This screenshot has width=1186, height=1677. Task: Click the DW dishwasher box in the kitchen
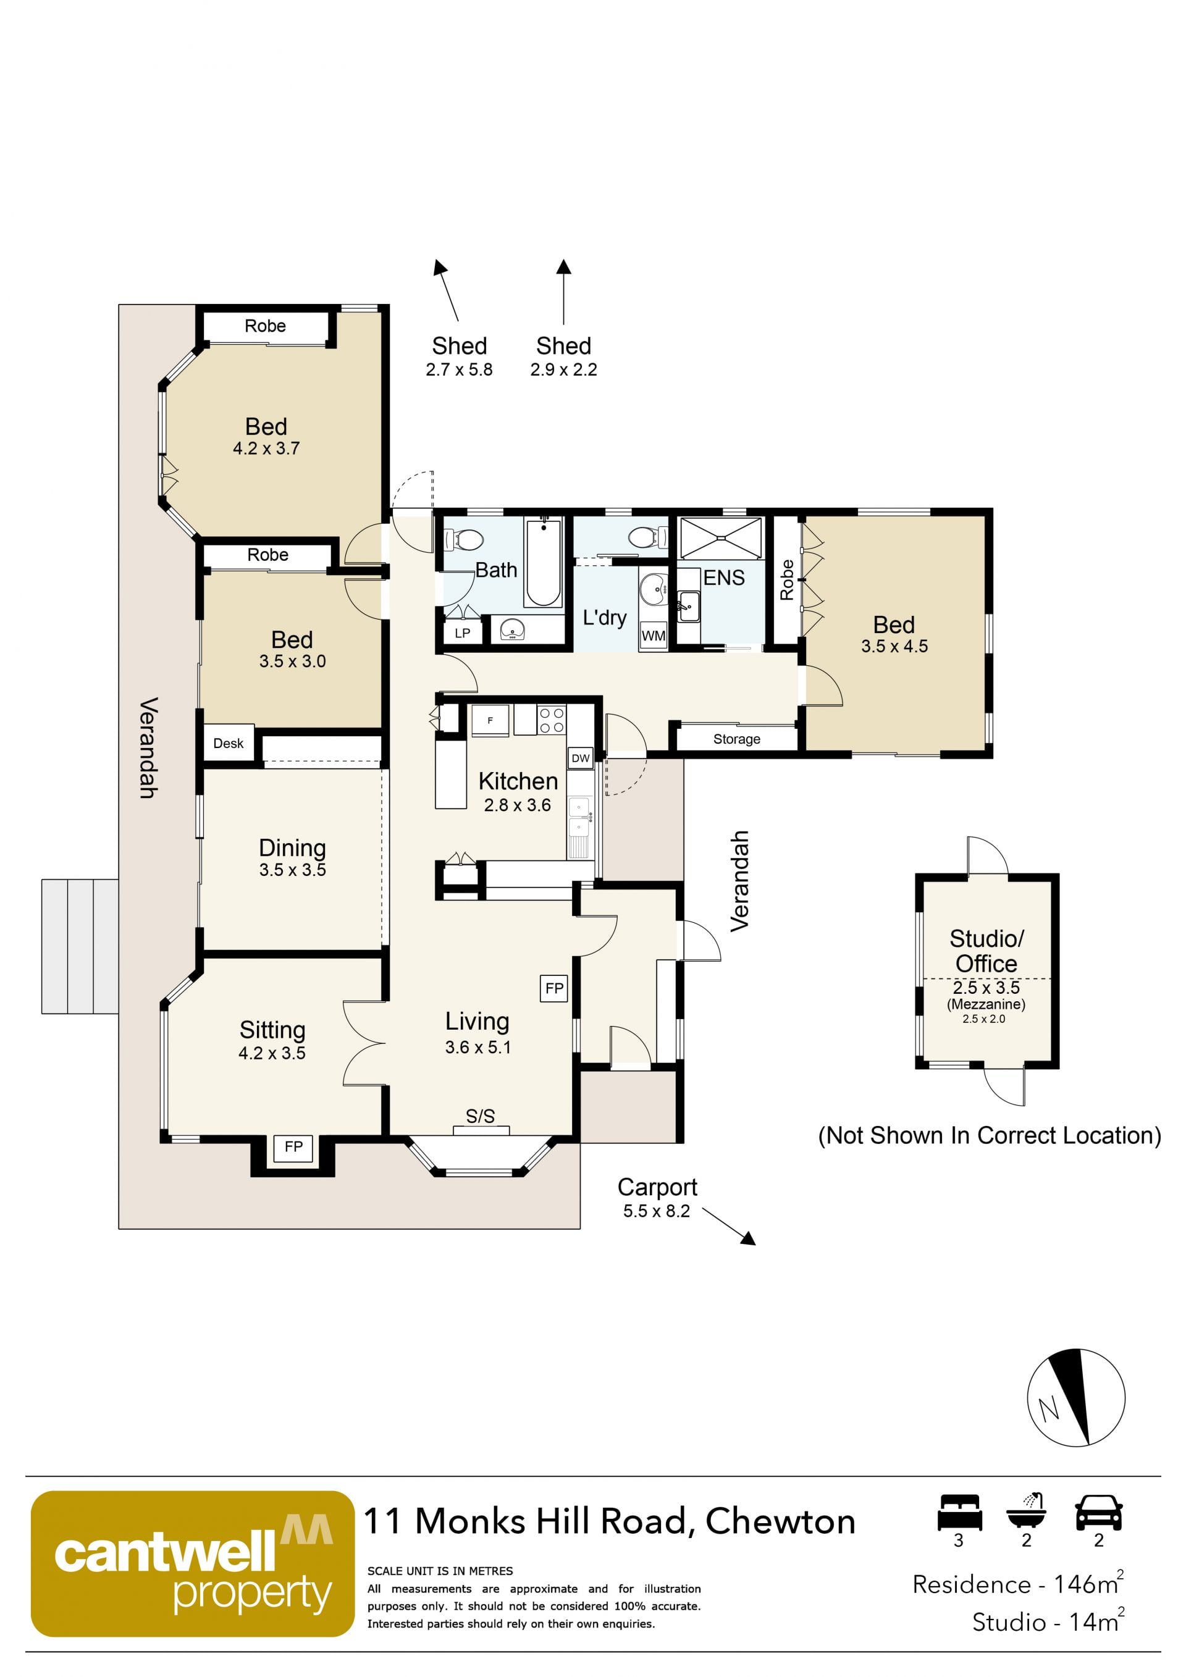tap(581, 758)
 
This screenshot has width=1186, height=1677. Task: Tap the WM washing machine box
tap(654, 636)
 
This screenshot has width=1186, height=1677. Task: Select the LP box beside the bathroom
tap(462, 633)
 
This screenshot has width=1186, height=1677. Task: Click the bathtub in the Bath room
tap(542, 563)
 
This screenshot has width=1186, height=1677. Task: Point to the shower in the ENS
tap(721, 538)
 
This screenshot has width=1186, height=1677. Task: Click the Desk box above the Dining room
tap(229, 743)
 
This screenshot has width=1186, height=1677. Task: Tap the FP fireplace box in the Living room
tap(554, 988)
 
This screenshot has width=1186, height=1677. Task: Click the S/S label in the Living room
tap(481, 1116)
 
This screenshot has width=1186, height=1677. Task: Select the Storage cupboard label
tap(737, 739)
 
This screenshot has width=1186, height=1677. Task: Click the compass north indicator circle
tap(1075, 1397)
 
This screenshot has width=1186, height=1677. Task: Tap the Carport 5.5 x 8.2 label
tap(657, 1198)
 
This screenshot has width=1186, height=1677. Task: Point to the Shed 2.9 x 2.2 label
tap(563, 356)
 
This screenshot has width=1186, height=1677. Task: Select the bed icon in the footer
tap(959, 1513)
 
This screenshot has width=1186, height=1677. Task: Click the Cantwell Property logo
tap(193, 1564)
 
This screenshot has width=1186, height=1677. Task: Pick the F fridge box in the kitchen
tap(490, 720)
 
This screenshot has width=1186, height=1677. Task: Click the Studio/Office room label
tap(986, 950)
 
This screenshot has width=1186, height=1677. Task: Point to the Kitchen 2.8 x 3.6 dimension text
tap(517, 805)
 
